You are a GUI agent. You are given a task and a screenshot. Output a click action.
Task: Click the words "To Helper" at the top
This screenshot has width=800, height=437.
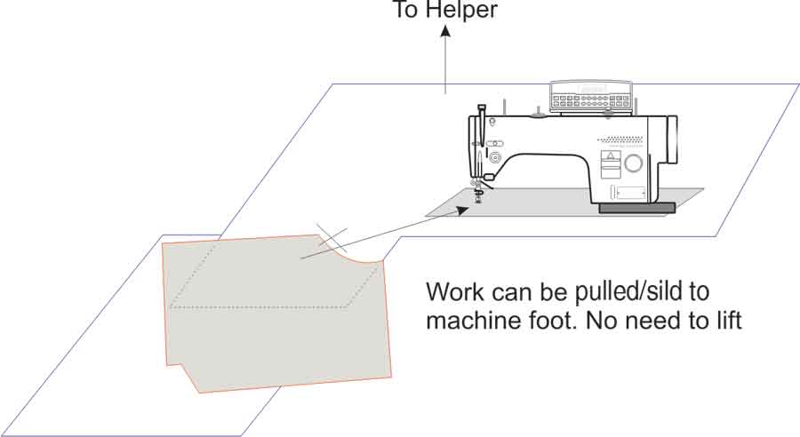(446, 10)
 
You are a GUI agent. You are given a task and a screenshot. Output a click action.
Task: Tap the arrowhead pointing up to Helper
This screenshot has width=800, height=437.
(445, 32)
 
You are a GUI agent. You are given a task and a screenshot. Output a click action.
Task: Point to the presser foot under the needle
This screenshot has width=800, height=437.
(478, 192)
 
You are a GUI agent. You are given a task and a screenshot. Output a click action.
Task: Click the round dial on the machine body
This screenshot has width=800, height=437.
(633, 163)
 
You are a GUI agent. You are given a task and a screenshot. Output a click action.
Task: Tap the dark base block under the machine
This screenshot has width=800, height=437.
(636, 208)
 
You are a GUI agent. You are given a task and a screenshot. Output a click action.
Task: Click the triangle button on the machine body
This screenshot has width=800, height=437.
(610, 157)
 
